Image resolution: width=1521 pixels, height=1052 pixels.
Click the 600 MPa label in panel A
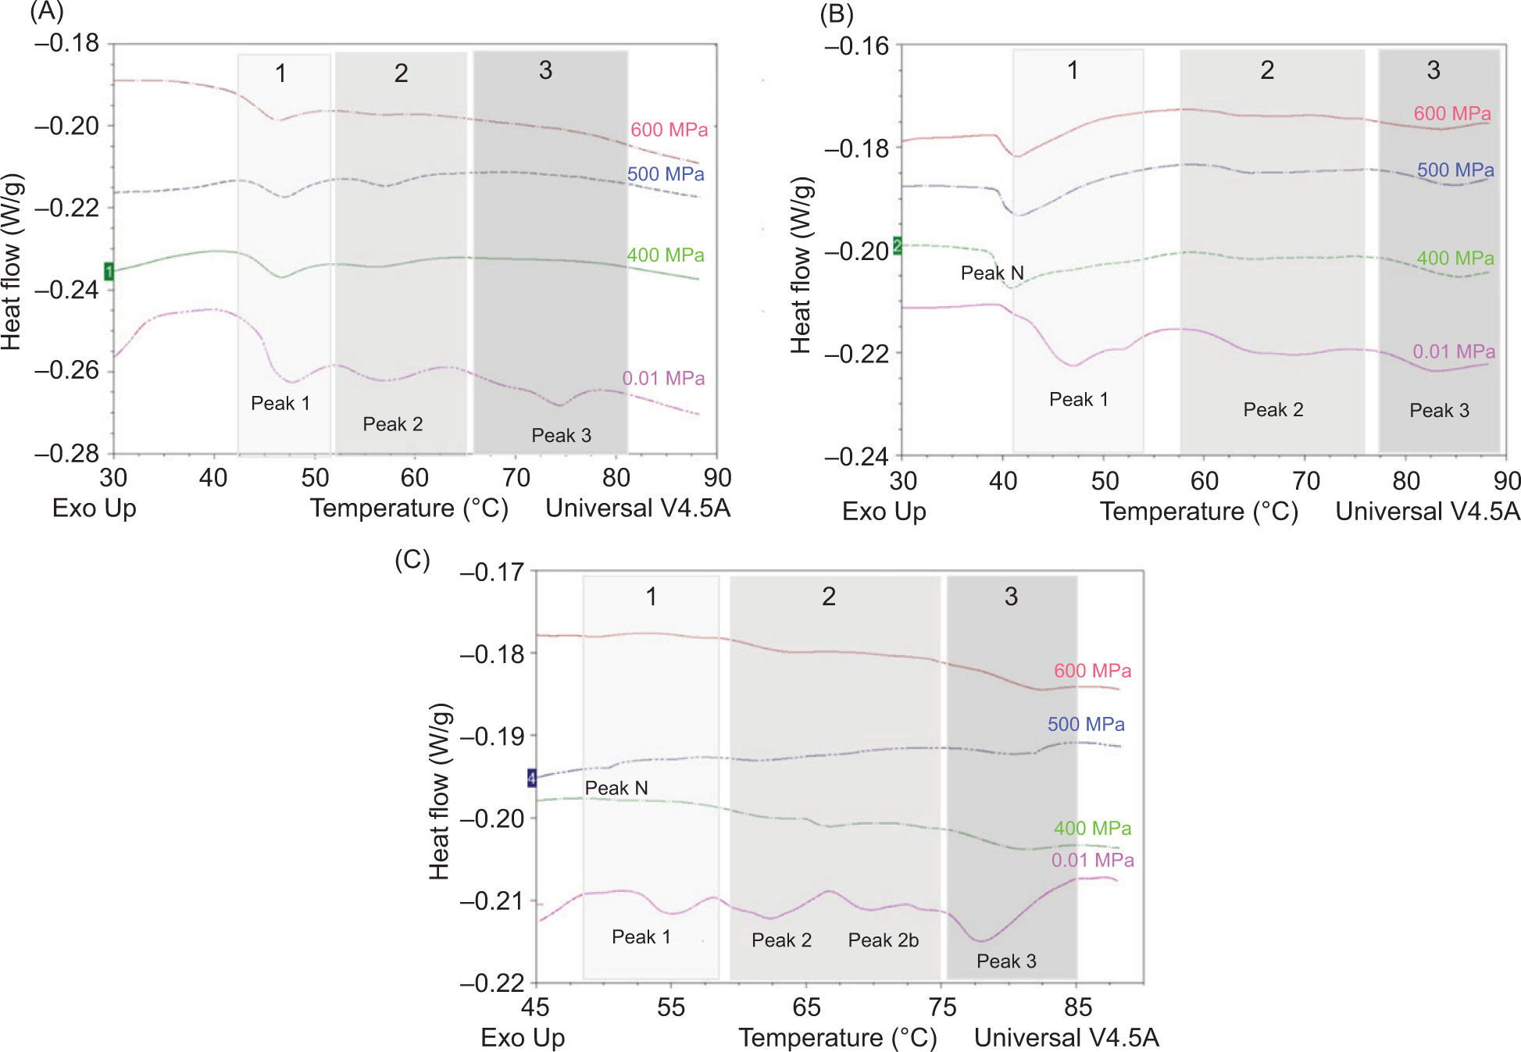point(669,130)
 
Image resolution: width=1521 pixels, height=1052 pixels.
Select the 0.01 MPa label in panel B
point(1453,351)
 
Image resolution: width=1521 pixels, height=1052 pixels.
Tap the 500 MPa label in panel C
point(1086,724)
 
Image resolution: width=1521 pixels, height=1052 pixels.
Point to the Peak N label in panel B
point(991,273)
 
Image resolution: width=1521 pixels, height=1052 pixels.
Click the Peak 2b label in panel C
point(883,940)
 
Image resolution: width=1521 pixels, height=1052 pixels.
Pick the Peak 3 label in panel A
point(561,435)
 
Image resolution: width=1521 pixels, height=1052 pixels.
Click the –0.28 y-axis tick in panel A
point(67,453)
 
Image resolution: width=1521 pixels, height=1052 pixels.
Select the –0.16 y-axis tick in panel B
point(857,46)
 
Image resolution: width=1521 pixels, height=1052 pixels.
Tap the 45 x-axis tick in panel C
point(535,1007)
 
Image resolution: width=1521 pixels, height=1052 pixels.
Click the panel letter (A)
point(46,11)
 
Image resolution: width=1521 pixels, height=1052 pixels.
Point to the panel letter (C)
point(412,559)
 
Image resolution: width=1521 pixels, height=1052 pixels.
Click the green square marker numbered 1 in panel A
point(109,272)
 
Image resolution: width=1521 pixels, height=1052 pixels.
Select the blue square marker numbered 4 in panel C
point(532,778)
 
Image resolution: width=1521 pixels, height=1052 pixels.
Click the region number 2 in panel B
point(1267,70)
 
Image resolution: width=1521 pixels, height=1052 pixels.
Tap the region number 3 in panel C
point(1011,597)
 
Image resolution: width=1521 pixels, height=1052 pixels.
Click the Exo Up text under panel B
point(884,512)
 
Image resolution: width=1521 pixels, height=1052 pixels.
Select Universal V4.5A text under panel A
point(637,508)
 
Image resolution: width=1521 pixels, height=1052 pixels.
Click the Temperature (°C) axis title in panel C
point(837,1037)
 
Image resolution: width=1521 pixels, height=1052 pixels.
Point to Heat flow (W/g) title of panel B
point(802,266)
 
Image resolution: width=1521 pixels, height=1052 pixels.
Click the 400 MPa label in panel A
point(665,255)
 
